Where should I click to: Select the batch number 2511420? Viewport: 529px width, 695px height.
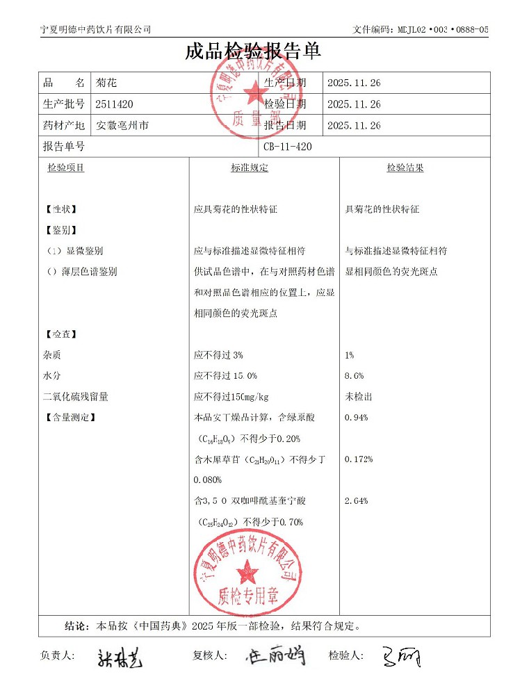pyautogui.click(x=115, y=104)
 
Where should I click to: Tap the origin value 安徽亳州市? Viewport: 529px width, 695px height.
pyautogui.click(x=122, y=126)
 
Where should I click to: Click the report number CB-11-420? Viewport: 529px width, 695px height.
pyautogui.click(x=288, y=147)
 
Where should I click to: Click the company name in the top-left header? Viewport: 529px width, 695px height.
pyautogui.click(x=96, y=29)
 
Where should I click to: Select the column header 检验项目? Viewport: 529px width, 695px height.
pyautogui.click(x=65, y=168)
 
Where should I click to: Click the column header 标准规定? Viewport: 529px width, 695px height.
pyautogui.click(x=250, y=168)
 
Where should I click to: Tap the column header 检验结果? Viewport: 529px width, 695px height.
pyautogui.click(x=405, y=168)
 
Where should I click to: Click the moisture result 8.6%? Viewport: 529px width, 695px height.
pyautogui.click(x=355, y=376)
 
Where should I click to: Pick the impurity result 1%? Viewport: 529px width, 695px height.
pyautogui.click(x=350, y=355)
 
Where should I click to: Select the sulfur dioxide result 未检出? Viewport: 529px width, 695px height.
pyautogui.click(x=359, y=397)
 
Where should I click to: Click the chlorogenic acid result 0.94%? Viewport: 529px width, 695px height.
pyautogui.click(x=357, y=418)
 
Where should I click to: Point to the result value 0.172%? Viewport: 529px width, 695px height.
pyautogui.click(x=359, y=459)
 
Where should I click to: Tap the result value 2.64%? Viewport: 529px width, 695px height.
pyautogui.click(x=357, y=501)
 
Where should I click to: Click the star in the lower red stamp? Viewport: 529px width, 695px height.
pyautogui.click(x=247, y=573)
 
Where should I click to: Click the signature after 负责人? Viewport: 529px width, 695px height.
pyautogui.click(x=120, y=657)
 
